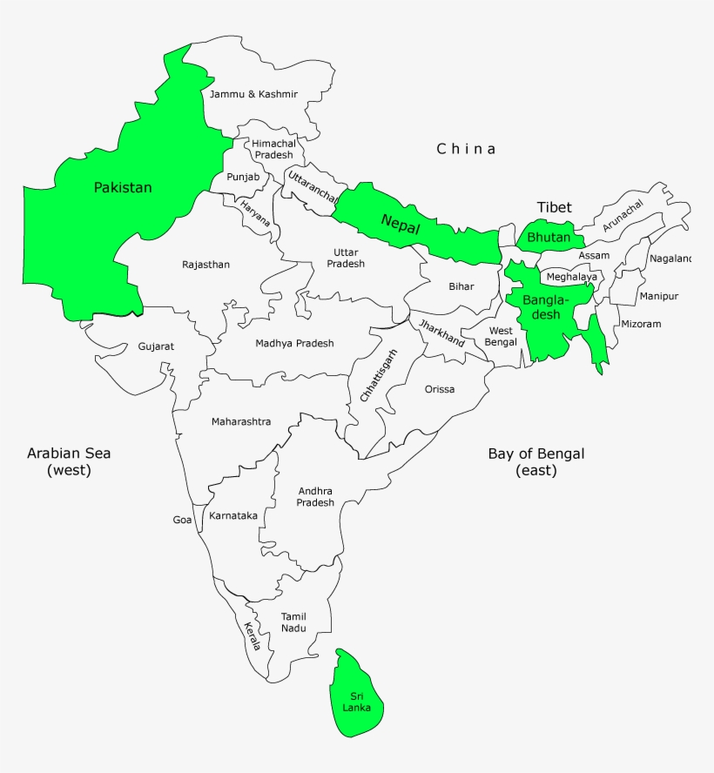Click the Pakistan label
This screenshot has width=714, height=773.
(123, 187)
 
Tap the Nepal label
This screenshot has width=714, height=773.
(401, 224)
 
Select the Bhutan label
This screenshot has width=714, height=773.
(549, 238)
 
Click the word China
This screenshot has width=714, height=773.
(466, 149)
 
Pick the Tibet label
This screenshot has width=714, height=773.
(555, 207)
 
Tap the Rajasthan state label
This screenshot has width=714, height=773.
(205, 265)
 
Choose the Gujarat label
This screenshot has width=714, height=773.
(156, 346)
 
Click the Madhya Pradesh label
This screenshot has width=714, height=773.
(294, 343)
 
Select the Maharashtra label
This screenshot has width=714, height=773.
(241, 422)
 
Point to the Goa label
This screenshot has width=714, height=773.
(182, 520)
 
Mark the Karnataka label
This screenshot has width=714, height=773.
(233, 515)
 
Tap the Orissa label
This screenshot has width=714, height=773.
(440, 389)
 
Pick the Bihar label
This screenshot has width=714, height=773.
(461, 286)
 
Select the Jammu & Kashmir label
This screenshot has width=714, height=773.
(253, 93)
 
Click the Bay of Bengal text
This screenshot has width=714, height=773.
(535, 454)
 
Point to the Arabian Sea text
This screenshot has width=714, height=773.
(69, 454)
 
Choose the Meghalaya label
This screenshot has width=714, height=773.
(572, 278)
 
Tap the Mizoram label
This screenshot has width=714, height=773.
(641, 324)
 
